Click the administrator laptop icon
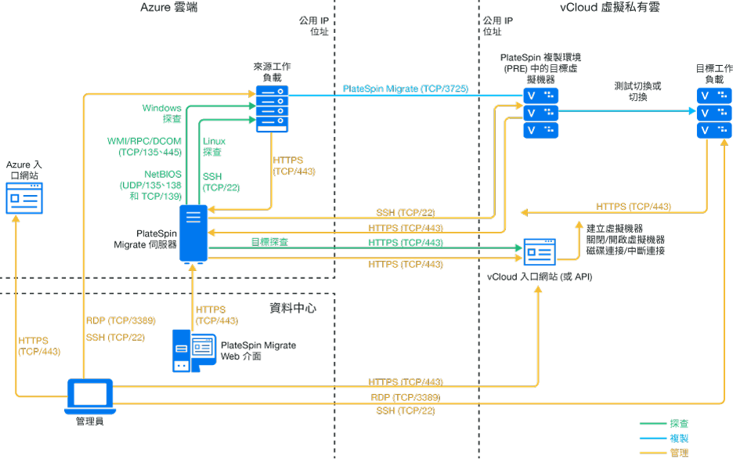90,397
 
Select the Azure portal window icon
24,199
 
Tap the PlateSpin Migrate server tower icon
193,233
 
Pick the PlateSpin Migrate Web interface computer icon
193,349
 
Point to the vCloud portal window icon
540,252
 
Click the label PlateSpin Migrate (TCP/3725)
405,89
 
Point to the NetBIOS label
163,173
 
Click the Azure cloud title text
169,8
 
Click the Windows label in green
161,108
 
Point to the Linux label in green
214,141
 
